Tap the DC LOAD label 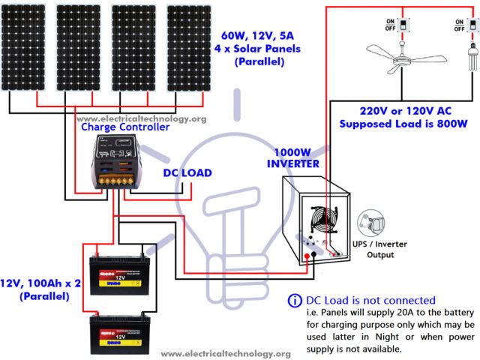(187, 173)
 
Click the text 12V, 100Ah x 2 (42, 283)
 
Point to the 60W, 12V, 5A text (259, 35)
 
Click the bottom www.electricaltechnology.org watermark (226, 353)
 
